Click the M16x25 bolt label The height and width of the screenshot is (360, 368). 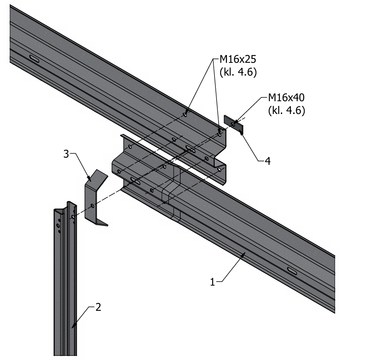tap(238, 60)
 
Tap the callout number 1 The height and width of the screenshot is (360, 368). tap(213, 282)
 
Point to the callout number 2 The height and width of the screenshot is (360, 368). tap(98, 307)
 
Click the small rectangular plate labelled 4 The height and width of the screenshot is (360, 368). tap(233, 124)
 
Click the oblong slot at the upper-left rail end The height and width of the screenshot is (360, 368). tap(34, 60)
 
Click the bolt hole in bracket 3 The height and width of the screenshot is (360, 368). tap(92, 206)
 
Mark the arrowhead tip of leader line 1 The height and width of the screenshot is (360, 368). tap(244, 253)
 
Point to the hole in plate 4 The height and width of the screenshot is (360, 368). tap(233, 124)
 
